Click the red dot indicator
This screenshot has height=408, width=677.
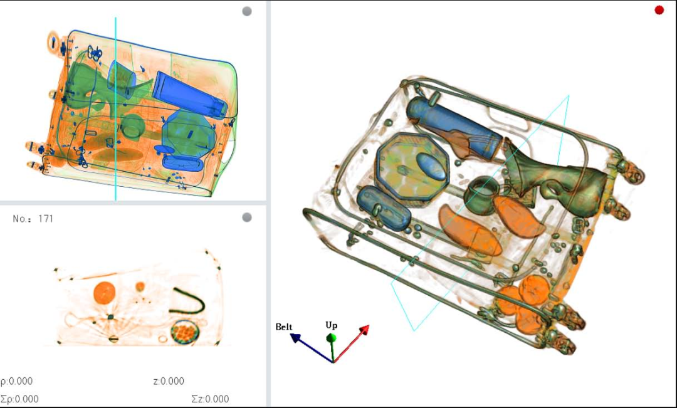pyautogui.click(x=659, y=10)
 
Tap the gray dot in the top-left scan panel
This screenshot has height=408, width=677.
pyautogui.click(x=247, y=11)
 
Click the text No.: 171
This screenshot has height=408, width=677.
pyautogui.click(x=33, y=219)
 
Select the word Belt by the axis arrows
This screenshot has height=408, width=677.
pyautogui.click(x=284, y=327)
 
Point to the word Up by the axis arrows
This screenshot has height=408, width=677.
pyautogui.click(x=332, y=325)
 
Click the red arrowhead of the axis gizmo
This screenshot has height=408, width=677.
pyautogui.click(x=364, y=330)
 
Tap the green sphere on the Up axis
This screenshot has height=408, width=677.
pyautogui.click(x=331, y=337)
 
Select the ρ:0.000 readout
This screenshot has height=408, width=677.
pyautogui.click(x=16, y=381)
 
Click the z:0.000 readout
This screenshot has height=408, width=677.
pyautogui.click(x=169, y=381)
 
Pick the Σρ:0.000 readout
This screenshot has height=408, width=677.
pyautogui.click(x=19, y=399)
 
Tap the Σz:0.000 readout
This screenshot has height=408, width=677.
pyautogui.click(x=210, y=399)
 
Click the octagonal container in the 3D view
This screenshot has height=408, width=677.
pyautogui.click(x=412, y=169)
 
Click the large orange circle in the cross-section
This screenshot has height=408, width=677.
pyautogui.click(x=105, y=293)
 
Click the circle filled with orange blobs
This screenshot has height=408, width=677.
pyautogui.click(x=185, y=332)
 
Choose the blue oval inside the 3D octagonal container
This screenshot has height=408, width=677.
pyautogui.click(x=431, y=166)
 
